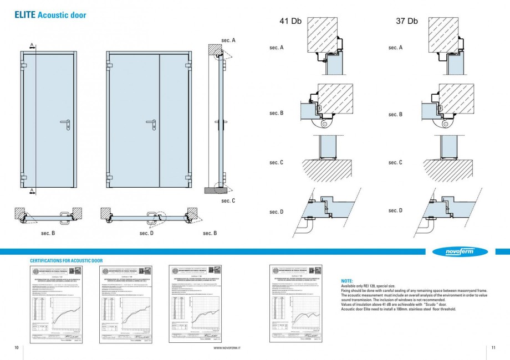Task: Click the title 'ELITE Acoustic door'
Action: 50,15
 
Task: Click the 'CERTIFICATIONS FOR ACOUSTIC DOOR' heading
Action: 66,260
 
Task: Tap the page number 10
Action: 17,347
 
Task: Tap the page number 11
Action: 493,347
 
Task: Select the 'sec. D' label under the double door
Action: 147,233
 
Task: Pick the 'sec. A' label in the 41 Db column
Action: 277,48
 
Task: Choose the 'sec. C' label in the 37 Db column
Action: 395,162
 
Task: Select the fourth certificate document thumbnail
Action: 296,304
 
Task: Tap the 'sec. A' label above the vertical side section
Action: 228,40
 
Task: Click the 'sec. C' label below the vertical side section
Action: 228,200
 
